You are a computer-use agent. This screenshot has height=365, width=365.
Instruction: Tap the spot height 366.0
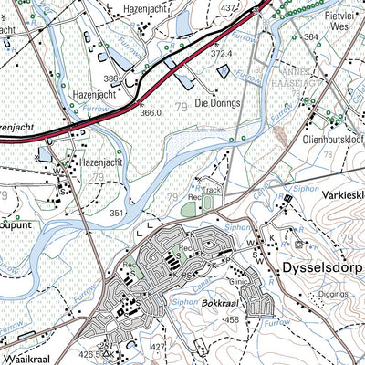pos(150,112)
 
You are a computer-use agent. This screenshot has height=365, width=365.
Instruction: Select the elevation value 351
pos(116,213)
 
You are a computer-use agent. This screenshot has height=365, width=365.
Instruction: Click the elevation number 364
pos(311,36)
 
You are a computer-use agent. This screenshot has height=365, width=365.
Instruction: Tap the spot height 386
pos(112,80)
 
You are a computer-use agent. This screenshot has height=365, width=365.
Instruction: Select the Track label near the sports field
pos(213,191)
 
